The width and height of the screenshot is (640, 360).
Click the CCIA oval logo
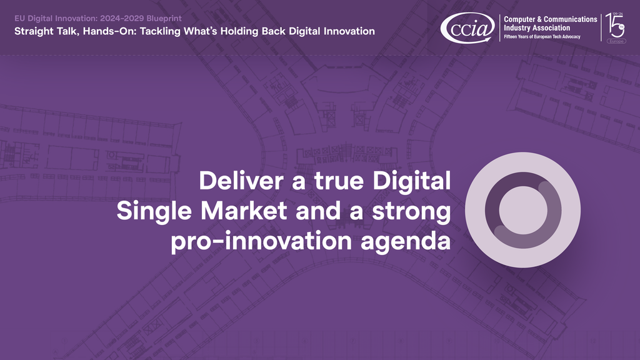[x=467, y=27]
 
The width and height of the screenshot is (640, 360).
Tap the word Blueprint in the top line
[x=164, y=18]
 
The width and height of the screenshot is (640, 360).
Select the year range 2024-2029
[x=122, y=18]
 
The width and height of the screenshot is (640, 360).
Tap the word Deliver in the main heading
[x=241, y=181]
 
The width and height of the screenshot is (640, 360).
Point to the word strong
[x=411, y=211]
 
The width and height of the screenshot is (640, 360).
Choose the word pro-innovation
[x=261, y=241]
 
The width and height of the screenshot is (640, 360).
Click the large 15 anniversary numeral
[x=614, y=26]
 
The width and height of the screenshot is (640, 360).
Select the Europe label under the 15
[x=616, y=41]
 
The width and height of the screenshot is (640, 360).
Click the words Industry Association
[x=537, y=28]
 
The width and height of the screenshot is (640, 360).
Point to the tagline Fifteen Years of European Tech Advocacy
[x=542, y=37]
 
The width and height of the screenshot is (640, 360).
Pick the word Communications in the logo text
[x=570, y=19]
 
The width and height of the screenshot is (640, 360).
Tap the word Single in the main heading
[x=154, y=211]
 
